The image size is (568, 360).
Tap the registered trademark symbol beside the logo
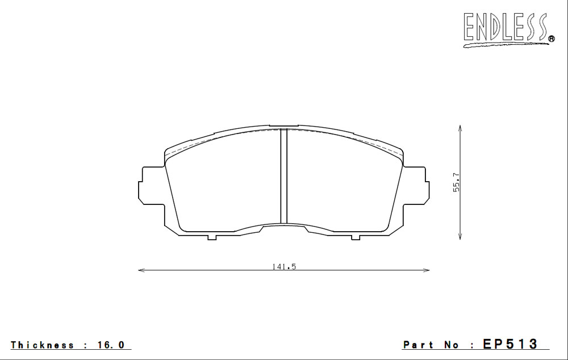[552, 39]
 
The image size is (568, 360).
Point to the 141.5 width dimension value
[284, 266]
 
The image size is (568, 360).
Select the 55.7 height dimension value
[457, 182]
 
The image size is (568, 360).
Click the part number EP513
[510, 344]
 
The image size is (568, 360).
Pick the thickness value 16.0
[110, 345]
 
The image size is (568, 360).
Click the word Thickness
[43, 345]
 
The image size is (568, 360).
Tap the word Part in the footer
[418, 345]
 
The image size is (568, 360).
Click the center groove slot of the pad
[284, 176]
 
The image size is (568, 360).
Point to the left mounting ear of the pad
[152, 186]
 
